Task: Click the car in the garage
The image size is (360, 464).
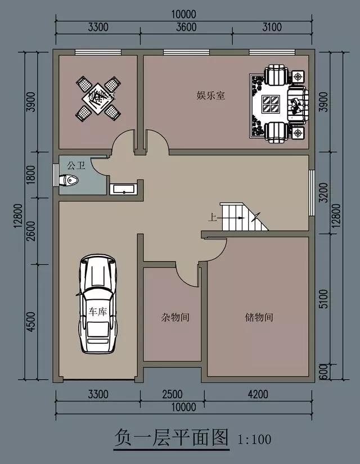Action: click(99, 304)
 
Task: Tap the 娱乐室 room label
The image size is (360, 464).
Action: click(211, 96)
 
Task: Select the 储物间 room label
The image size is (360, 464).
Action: click(259, 317)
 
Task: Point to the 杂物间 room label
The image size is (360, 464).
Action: click(172, 317)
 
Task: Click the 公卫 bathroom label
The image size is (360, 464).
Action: click(75, 166)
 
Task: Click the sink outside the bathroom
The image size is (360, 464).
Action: click(122, 188)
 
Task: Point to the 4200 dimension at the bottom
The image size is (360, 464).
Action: click(257, 394)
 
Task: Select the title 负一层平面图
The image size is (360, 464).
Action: click(172, 436)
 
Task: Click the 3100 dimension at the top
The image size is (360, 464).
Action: click(273, 26)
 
